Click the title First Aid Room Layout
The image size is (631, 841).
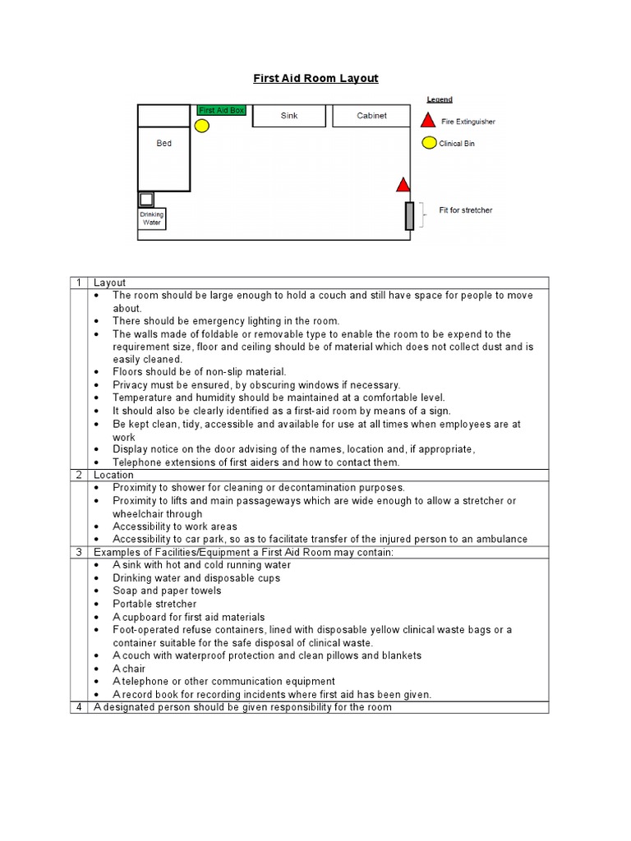coord(315,79)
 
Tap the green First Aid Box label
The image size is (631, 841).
coord(221,110)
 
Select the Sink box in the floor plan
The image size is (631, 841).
coord(289,116)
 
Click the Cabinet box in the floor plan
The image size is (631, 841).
coord(371,116)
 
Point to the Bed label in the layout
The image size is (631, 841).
coord(164,144)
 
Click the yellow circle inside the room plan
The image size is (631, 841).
coord(202,126)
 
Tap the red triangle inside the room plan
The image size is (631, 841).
coord(402,184)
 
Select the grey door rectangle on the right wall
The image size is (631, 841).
coord(409,215)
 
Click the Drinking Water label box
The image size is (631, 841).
coord(152,218)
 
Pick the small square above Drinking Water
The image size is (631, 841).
coord(146,199)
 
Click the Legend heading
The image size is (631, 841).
coord(440,99)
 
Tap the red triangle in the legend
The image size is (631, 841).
coord(428,120)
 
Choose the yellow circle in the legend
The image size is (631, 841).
coord(428,143)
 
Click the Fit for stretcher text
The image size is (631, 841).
coord(466,210)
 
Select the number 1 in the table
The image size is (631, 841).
coord(79,283)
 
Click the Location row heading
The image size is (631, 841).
coord(113,475)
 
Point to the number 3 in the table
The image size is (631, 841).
coord(79,552)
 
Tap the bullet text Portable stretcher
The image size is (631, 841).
coord(154,604)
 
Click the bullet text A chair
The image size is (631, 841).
coord(129,669)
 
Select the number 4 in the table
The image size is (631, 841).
coord(79,706)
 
